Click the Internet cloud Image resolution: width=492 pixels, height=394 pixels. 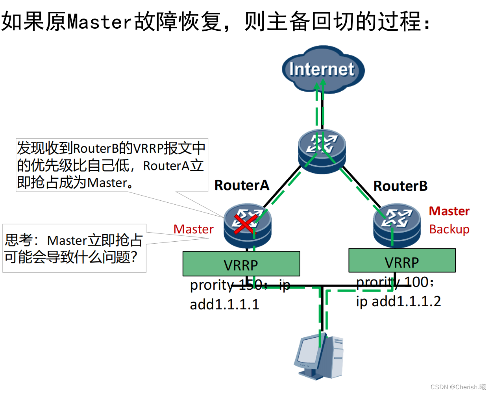point(322,69)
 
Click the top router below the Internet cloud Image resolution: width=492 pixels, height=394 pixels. point(322,151)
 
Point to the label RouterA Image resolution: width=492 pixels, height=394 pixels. point(242,185)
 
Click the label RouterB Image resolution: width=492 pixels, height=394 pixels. point(400,186)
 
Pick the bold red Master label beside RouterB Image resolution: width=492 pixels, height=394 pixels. point(449,211)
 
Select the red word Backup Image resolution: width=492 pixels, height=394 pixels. point(449,229)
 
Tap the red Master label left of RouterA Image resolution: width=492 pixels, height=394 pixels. point(193,229)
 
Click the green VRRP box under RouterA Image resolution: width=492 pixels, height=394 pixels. point(241,264)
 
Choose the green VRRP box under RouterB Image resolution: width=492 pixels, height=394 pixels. point(402,261)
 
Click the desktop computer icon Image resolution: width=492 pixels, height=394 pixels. point(319,357)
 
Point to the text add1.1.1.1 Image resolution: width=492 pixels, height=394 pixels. point(224,304)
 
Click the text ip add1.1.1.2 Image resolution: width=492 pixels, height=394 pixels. point(398,301)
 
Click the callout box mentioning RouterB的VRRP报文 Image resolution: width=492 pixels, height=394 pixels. point(111,165)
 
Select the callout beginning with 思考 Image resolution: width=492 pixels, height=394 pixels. point(74,248)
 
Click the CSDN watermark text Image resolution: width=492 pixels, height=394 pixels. point(458,387)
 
